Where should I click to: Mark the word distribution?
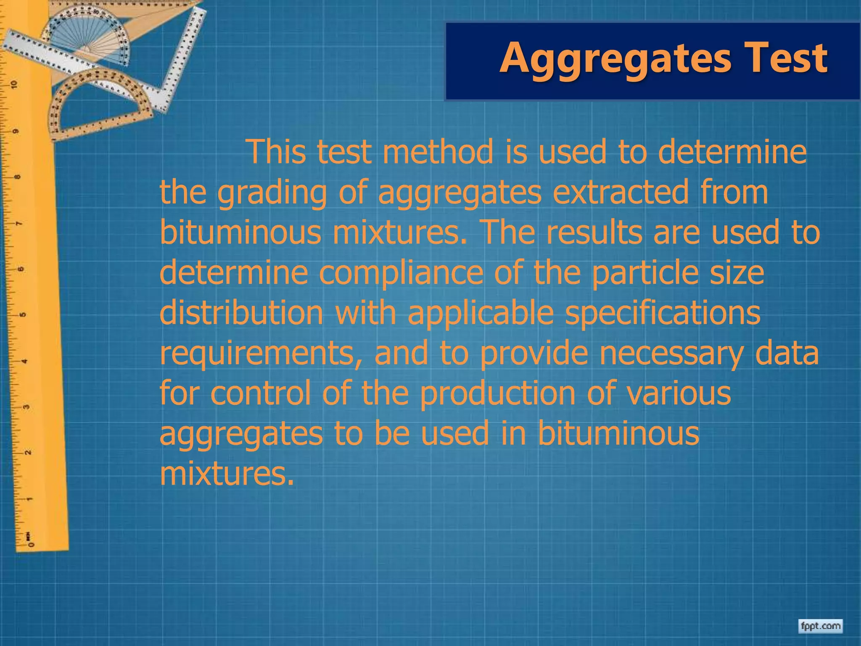coord(241,313)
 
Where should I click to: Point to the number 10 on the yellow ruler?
coord(15,85)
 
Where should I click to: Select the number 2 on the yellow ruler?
coord(28,453)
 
